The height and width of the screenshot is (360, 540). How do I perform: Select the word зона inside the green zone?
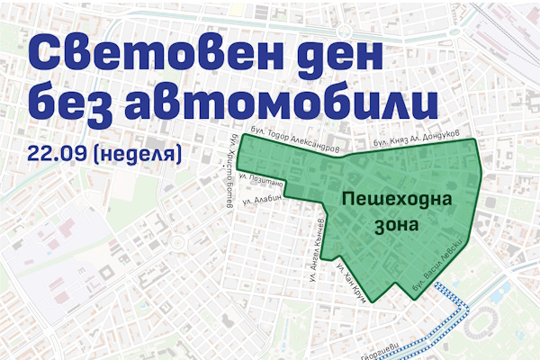click(391, 225)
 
